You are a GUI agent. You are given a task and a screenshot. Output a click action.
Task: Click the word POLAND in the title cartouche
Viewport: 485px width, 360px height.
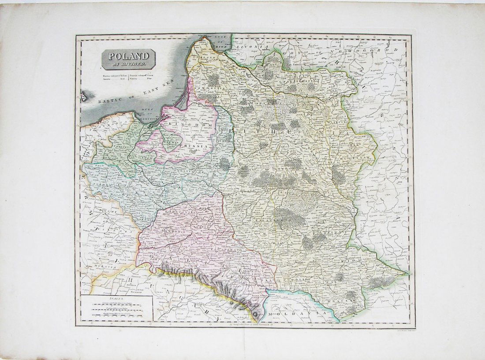[128, 57]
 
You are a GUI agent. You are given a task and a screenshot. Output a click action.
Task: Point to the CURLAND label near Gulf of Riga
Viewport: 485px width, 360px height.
[205, 58]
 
